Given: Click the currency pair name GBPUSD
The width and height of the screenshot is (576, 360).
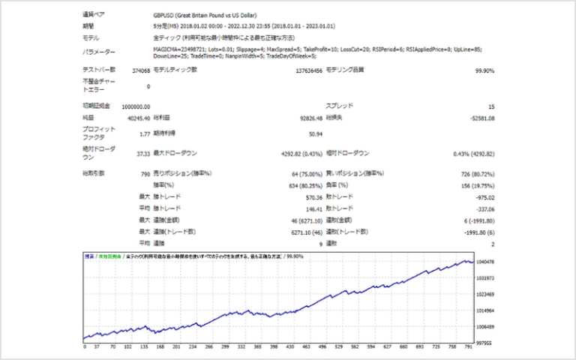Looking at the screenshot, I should click(163, 15).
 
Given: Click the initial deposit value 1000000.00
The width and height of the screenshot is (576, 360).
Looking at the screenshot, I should click(130, 106).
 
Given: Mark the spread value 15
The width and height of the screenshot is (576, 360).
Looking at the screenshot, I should click(490, 106).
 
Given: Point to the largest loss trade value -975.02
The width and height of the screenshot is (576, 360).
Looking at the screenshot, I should click(480, 196).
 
